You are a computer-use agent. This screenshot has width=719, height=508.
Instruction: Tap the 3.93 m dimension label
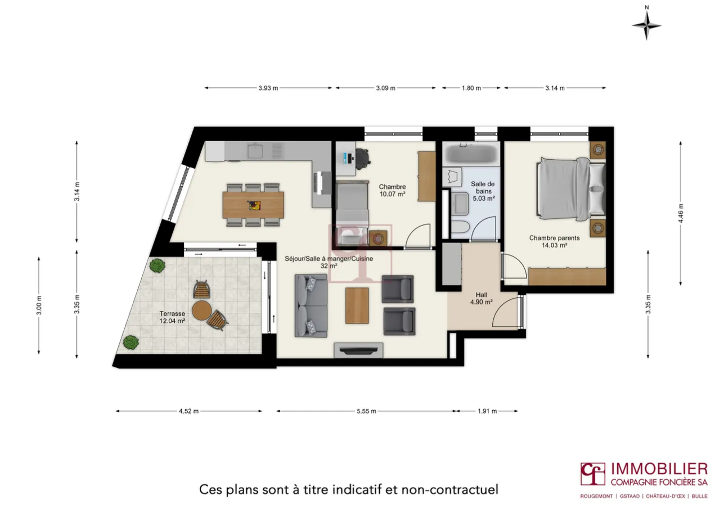point(268,88)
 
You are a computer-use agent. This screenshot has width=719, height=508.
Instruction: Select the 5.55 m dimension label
point(366,411)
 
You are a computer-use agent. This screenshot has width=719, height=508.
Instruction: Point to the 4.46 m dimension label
point(681,213)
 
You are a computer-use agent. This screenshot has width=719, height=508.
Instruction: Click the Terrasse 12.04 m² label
point(172,317)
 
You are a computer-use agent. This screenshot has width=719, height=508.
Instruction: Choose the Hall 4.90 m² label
point(481,298)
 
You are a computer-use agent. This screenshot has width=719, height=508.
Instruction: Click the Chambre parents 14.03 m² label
point(554,242)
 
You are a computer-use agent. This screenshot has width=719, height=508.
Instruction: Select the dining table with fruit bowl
point(253,205)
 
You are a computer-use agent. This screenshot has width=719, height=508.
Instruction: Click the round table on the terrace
point(202,310)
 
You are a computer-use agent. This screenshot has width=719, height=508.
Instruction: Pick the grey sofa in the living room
point(311,305)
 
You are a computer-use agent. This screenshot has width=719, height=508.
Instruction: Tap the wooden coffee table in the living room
point(357,305)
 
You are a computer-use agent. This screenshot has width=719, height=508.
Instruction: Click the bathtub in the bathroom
point(470,153)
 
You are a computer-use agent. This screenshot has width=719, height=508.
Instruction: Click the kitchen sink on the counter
point(256,150)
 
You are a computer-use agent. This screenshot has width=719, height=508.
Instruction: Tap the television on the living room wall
point(359,350)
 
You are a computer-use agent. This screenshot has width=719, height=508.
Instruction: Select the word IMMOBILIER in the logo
point(659,469)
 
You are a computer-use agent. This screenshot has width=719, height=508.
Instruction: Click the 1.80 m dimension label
point(471,88)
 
